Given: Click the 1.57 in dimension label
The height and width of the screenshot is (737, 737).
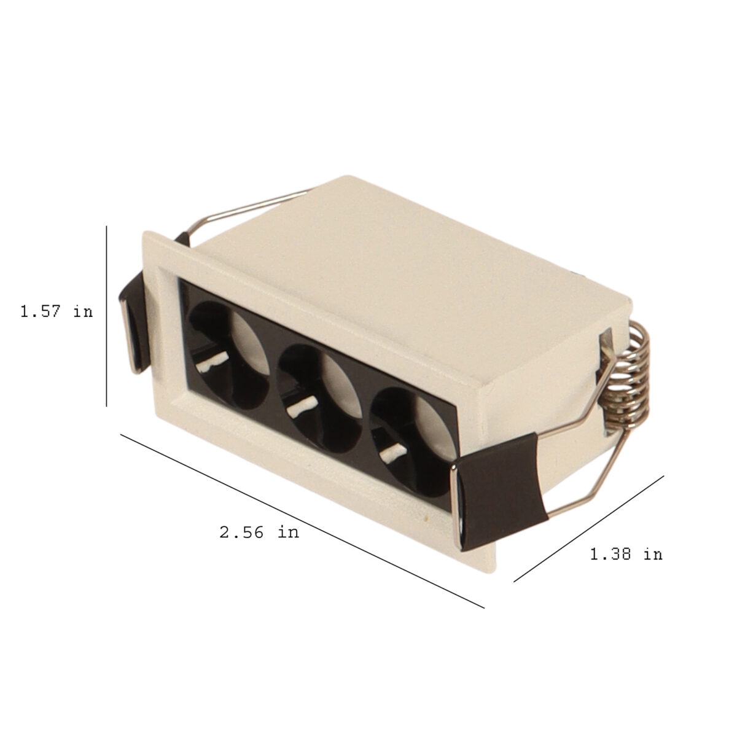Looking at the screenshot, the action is click(57, 312).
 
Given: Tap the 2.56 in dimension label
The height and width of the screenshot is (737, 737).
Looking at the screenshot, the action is click(259, 532).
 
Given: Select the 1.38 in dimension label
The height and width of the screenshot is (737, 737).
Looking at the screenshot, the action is click(626, 554).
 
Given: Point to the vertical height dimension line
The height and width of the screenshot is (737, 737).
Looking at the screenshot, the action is click(106, 316).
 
